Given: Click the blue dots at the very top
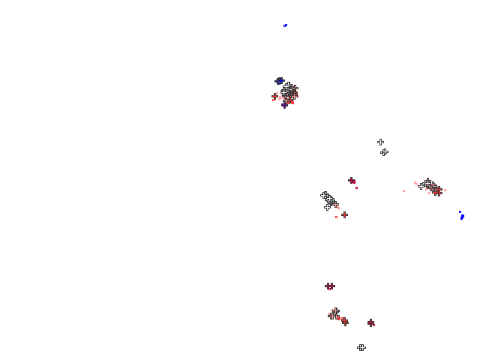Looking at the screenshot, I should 285,25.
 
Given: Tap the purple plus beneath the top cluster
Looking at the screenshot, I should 284,105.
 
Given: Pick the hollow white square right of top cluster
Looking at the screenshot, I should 298,82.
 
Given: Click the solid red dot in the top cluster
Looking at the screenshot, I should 292,102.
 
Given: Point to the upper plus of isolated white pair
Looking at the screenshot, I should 380,142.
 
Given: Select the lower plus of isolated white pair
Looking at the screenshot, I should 384,151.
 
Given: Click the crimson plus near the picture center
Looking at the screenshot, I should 351,180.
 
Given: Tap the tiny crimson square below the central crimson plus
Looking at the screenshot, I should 356,187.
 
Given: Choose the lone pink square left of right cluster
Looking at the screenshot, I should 403,190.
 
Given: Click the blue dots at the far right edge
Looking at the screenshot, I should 462,216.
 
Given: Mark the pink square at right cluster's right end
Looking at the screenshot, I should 445,190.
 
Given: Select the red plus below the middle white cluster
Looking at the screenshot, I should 344,214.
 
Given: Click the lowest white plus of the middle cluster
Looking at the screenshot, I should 327,207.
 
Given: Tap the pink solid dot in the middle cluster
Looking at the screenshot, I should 337,207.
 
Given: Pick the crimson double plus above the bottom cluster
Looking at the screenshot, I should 330,286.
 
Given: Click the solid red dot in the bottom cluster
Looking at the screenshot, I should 338,318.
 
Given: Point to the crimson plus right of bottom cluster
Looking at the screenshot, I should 370,322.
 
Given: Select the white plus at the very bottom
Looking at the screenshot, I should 361,347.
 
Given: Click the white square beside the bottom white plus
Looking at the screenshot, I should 367,346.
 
